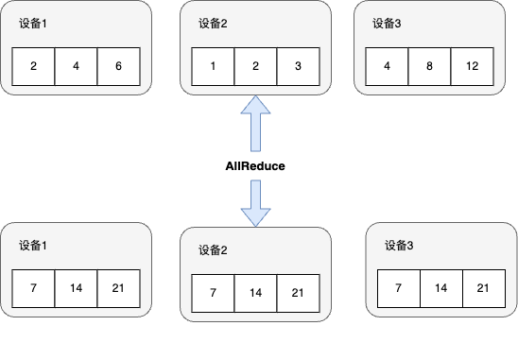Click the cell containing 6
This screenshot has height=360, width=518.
tap(118, 67)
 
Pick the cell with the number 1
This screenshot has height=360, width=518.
tap(213, 67)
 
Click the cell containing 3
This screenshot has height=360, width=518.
tap(298, 67)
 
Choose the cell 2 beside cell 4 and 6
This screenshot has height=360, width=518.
tap(33, 67)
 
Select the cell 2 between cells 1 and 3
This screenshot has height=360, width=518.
tap(255, 67)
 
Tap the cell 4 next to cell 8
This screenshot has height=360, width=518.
tap(386, 67)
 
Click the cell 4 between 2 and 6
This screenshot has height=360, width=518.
tap(76, 67)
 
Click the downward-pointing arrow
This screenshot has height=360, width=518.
tap(255, 203)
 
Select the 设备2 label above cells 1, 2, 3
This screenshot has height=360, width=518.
tap(213, 25)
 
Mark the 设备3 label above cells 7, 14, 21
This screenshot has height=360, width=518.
tap(399, 246)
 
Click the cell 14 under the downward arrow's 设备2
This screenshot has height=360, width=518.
tap(255, 293)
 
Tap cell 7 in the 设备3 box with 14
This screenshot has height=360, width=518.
tap(398, 287)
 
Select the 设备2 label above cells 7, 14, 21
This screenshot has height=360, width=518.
tap(214, 251)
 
